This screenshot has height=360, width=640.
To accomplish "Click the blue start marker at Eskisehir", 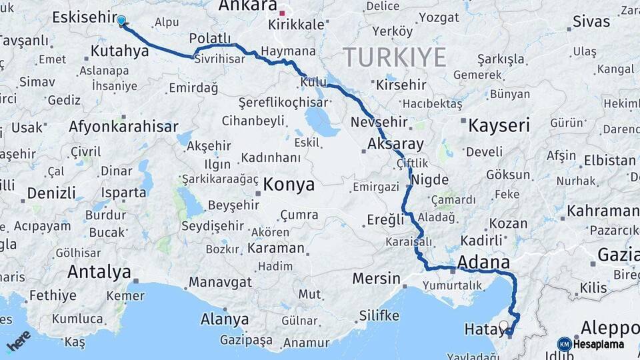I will [121, 20].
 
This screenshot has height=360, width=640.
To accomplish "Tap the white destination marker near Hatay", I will [503, 326].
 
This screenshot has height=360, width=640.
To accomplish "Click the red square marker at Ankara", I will [282, 13].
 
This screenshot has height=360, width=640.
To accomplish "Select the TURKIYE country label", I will [395, 57].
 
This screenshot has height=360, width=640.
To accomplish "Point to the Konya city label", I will [289, 185].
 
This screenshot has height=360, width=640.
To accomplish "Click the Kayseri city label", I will [499, 125].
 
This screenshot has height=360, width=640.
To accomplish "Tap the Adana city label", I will [484, 261].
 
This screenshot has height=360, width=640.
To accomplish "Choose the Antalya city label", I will [99, 272].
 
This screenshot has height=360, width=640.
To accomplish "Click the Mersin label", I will [376, 278].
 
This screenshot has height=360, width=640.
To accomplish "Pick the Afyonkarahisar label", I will [123, 126].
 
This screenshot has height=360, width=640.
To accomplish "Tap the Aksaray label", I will [395, 144].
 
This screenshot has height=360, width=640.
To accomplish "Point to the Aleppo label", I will [610, 328].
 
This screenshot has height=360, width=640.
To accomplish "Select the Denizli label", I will [51, 193].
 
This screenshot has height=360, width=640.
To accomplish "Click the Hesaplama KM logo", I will [591, 344].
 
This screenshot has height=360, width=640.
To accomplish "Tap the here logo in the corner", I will [19, 341].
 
